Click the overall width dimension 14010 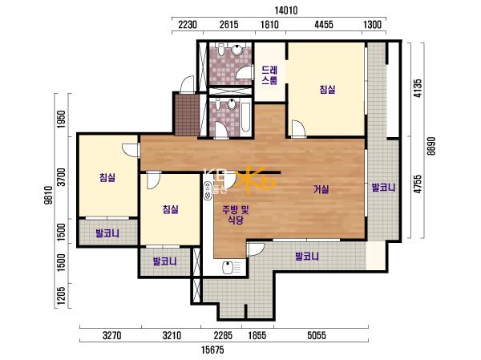[286, 10]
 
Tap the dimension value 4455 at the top [324, 25]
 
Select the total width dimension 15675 [212, 350]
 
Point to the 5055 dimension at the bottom [317, 335]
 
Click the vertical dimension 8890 [431, 146]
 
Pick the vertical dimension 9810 [49, 195]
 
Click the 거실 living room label [321, 189]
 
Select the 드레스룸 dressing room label [269, 75]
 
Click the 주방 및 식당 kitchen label [235, 215]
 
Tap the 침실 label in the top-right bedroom [327, 90]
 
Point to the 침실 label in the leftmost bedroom [107, 177]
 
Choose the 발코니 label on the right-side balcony [383, 187]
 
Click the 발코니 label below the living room [307, 256]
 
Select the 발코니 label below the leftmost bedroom [107, 233]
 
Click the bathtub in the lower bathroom [246, 117]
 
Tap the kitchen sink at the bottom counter [228, 267]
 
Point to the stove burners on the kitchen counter [208, 191]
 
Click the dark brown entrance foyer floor [186, 114]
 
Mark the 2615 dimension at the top [228, 25]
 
